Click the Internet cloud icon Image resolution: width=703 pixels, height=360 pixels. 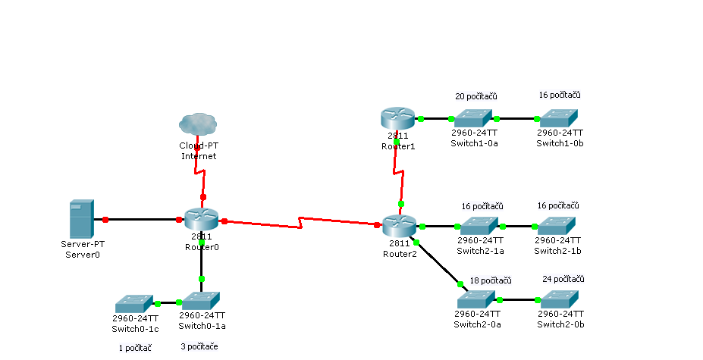pyautogui.click(x=198, y=124)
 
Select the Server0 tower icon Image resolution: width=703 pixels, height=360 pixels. pyautogui.click(x=81, y=219)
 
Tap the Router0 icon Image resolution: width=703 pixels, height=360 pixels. pyautogui.click(x=201, y=219)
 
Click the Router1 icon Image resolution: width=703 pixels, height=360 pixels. pyautogui.click(x=397, y=118)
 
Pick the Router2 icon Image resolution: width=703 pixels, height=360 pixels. pyautogui.click(x=399, y=225)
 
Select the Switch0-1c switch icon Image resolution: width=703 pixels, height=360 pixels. pyautogui.click(x=134, y=303)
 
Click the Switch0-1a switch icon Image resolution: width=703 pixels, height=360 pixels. pyautogui.click(x=201, y=301)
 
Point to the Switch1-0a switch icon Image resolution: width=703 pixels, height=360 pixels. pyautogui.click(x=474, y=117)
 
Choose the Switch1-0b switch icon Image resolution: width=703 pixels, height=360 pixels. pyautogui.click(x=557, y=117)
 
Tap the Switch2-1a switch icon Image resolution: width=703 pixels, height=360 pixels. pyautogui.click(x=479, y=225)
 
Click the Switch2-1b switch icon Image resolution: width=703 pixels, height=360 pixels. pyautogui.click(x=557, y=225)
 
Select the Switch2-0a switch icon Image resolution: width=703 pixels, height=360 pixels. pyautogui.click(x=476, y=299)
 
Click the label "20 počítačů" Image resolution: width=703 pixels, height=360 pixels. pyautogui.click(x=475, y=97)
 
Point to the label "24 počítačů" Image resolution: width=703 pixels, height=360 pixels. pyautogui.click(x=563, y=279)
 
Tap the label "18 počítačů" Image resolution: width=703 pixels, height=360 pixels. pyautogui.click(x=490, y=280)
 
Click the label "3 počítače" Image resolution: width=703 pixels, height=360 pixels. pyautogui.click(x=199, y=347)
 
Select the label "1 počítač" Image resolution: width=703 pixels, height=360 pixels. pyautogui.click(x=135, y=348)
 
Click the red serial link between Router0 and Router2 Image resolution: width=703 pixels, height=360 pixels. pyautogui.click(x=301, y=223)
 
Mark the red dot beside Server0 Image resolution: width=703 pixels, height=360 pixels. pyautogui.click(x=105, y=220)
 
